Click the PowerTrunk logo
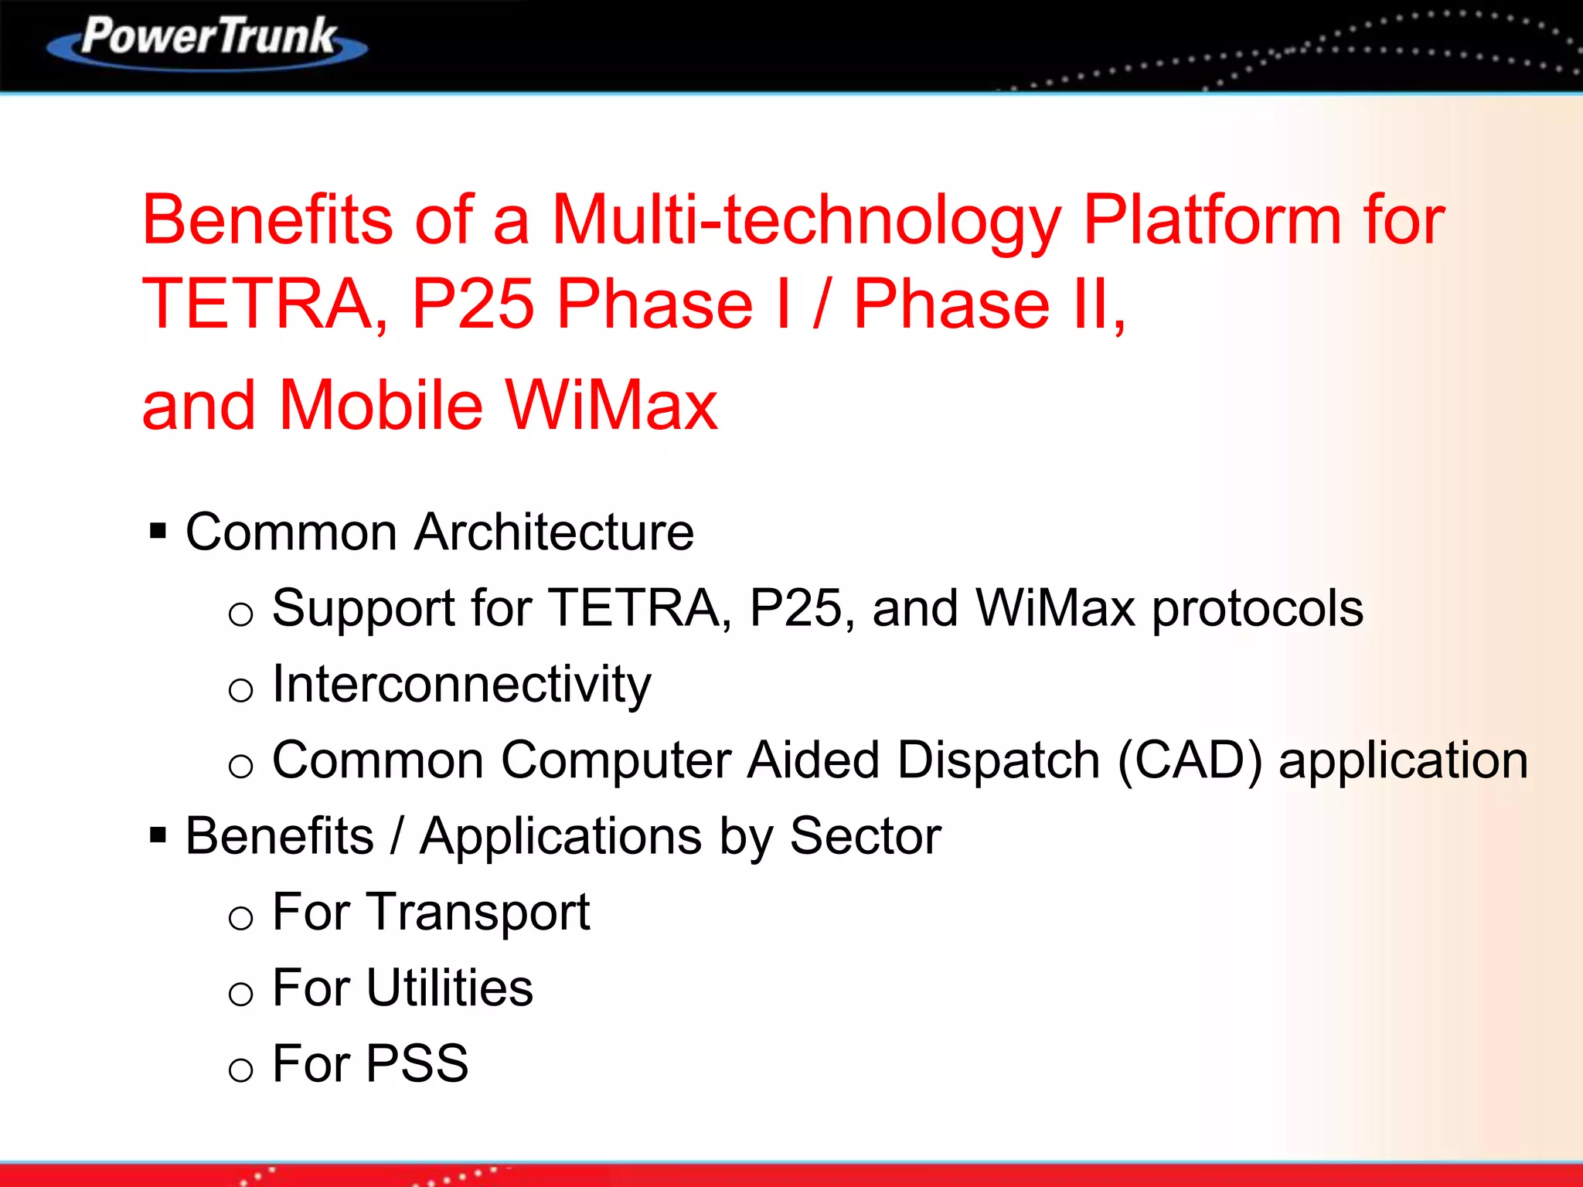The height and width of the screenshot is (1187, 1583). [x=207, y=40]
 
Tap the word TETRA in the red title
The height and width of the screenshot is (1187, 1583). [x=258, y=304]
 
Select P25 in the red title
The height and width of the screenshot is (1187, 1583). [x=472, y=304]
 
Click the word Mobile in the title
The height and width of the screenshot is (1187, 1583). [x=380, y=405]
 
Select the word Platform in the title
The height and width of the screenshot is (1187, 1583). [x=1211, y=221]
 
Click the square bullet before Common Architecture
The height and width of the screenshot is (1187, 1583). [x=158, y=531]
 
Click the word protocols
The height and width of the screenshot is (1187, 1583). [x=1258, y=609]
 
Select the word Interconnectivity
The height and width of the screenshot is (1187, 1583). [x=461, y=685]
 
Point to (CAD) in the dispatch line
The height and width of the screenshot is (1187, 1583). [x=1190, y=760]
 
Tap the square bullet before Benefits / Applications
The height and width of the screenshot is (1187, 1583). [x=158, y=835]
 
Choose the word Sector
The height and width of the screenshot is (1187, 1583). [x=865, y=836]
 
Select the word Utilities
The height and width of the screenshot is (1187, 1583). [x=449, y=988]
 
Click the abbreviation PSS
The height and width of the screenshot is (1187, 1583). [x=417, y=1064]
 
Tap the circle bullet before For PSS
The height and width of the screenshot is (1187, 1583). [x=241, y=1070]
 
